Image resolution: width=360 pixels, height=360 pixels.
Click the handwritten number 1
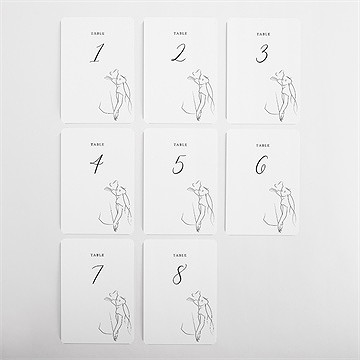tap(96, 55)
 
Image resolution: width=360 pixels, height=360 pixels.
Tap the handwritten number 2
tap(177, 54)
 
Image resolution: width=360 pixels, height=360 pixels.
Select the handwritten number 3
tap(261, 54)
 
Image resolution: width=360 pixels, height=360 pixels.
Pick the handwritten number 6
tap(261, 166)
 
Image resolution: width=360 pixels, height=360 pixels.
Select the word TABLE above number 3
tap(261, 32)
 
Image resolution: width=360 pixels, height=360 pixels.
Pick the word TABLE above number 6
tap(261, 144)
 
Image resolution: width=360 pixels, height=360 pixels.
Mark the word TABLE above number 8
tap(178, 255)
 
